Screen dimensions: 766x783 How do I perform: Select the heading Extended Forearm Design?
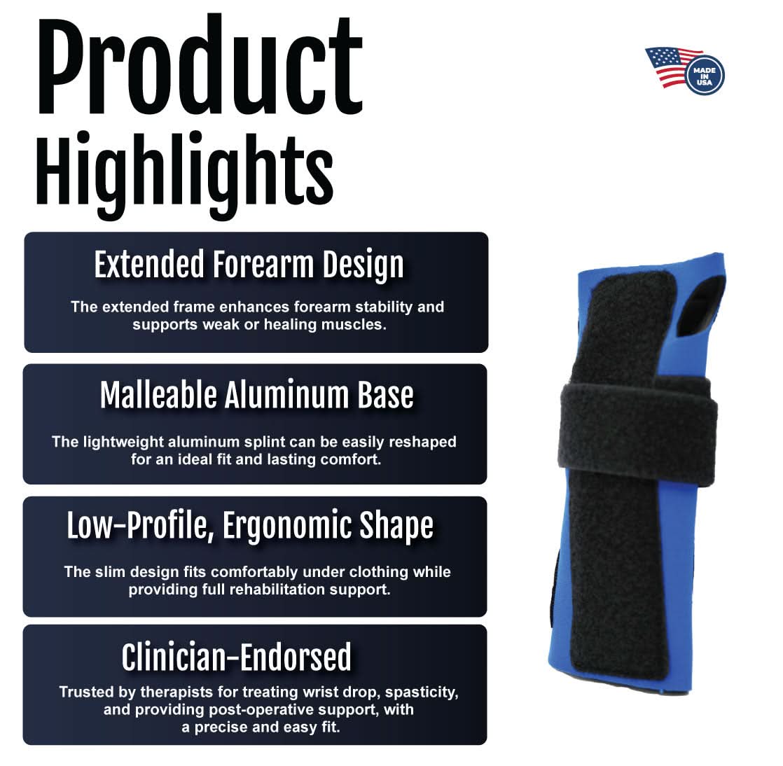[x=249, y=266]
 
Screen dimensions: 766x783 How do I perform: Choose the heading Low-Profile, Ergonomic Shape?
[x=250, y=526]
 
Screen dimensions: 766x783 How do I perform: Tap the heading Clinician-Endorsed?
[x=237, y=657]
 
